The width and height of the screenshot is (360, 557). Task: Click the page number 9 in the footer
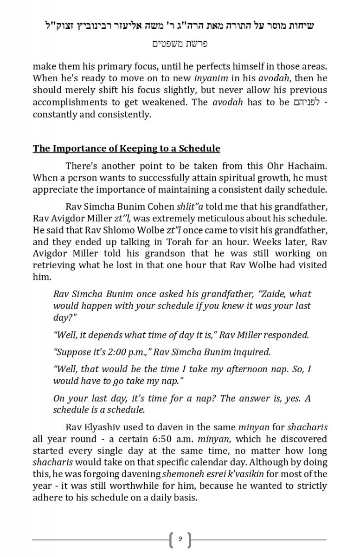pyautogui.click(x=180, y=539)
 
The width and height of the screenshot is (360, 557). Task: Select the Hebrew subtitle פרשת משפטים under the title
pyautogui.click(x=180, y=44)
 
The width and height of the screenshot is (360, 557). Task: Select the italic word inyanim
pyautogui.click(x=209, y=78)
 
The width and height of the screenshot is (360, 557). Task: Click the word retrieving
pyautogui.click(x=51, y=265)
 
